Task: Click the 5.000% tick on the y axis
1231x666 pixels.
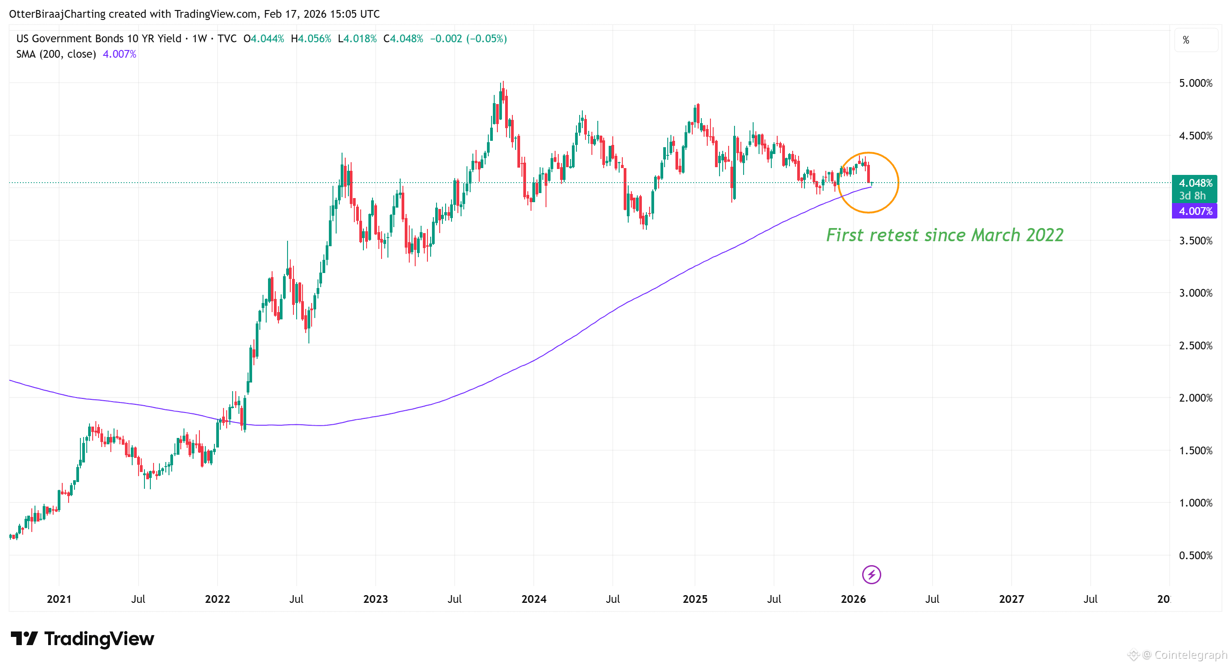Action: [1195, 83]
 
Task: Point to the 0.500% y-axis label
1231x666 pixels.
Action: [1195, 555]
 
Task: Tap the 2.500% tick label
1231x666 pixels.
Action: [1195, 345]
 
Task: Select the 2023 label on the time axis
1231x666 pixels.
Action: [375, 599]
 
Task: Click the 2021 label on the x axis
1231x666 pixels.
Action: [59, 599]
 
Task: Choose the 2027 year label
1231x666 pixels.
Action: [1011, 599]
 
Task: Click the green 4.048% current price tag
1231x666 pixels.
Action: [1195, 183]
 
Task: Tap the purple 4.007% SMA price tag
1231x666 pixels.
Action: [1195, 211]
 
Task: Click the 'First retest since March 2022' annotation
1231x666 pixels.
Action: [944, 235]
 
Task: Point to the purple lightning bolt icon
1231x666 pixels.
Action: [871, 574]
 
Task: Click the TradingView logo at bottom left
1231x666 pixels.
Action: [82, 638]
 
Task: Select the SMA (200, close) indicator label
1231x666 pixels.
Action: [56, 54]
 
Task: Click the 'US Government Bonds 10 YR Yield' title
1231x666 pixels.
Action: [99, 39]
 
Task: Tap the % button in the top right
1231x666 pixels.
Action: [1186, 40]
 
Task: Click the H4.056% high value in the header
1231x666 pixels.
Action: [311, 39]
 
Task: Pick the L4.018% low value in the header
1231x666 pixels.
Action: [357, 39]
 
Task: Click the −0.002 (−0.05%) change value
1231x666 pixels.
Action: [468, 39]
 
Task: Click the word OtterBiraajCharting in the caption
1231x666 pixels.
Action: [57, 14]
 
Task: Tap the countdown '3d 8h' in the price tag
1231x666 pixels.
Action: [1192, 195]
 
